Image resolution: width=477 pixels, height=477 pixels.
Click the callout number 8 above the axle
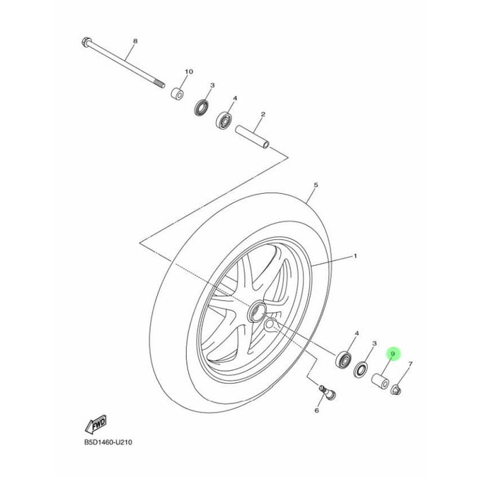click(x=135, y=41)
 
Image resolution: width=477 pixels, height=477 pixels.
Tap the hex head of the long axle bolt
click(x=86, y=42)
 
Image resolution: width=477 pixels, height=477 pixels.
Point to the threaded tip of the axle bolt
click(x=159, y=84)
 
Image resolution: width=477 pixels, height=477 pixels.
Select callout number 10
click(x=189, y=71)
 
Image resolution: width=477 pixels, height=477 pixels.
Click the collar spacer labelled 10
click(x=177, y=94)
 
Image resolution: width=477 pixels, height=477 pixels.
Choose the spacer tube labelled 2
click(x=253, y=137)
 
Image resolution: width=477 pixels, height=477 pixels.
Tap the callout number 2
click(x=263, y=115)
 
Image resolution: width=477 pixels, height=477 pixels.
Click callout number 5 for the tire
click(x=316, y=185)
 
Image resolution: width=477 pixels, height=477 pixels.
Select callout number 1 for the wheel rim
click(x=355, y=256)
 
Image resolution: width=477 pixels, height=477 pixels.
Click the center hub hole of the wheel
click(x=258, y=311)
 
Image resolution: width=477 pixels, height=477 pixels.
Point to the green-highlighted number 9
click(x=393, y=354)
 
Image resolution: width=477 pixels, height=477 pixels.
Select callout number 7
click(x=410, y=364)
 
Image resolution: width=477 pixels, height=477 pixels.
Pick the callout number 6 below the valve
click(x=316, y=410)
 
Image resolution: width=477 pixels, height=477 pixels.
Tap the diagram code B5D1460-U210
click(x=108, y=442)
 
